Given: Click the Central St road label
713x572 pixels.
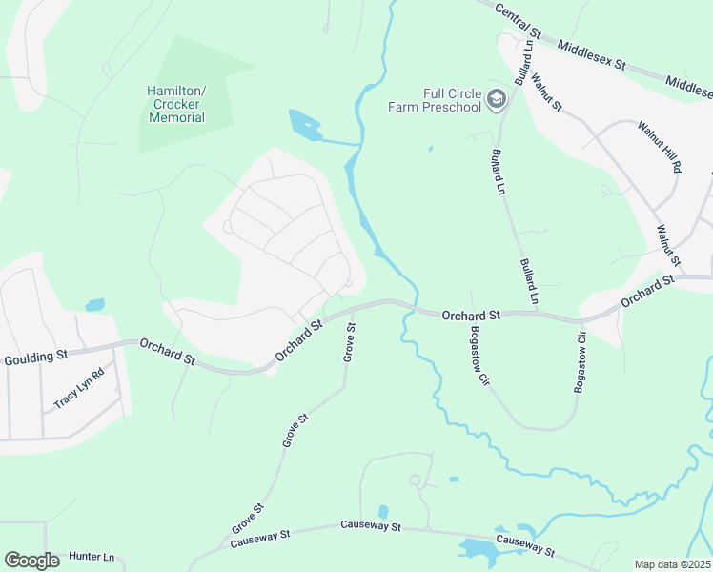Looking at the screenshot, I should point(519,20).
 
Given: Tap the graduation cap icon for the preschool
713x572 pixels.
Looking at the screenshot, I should point(496,99).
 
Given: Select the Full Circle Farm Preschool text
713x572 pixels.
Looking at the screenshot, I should point(435,100).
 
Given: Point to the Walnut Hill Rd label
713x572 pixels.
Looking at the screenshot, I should point(661,146).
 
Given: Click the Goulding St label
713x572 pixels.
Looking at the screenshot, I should point(35,357).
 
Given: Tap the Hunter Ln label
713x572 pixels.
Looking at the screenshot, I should point(92,557).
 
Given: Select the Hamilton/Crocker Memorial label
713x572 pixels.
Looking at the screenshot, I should point(176,104).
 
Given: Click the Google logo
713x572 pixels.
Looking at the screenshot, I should point(31,561).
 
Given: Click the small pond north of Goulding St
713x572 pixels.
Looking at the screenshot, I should point(94,306).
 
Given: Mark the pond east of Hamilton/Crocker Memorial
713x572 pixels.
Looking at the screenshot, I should point(304,124).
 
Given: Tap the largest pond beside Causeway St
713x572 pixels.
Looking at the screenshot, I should point(477,548).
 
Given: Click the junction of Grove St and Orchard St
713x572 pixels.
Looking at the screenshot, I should point(354,308).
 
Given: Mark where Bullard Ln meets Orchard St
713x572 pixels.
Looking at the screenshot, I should point(537,312).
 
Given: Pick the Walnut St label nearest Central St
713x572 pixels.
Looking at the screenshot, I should point(547,92).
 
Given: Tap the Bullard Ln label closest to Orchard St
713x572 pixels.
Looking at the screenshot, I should point(529,281).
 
